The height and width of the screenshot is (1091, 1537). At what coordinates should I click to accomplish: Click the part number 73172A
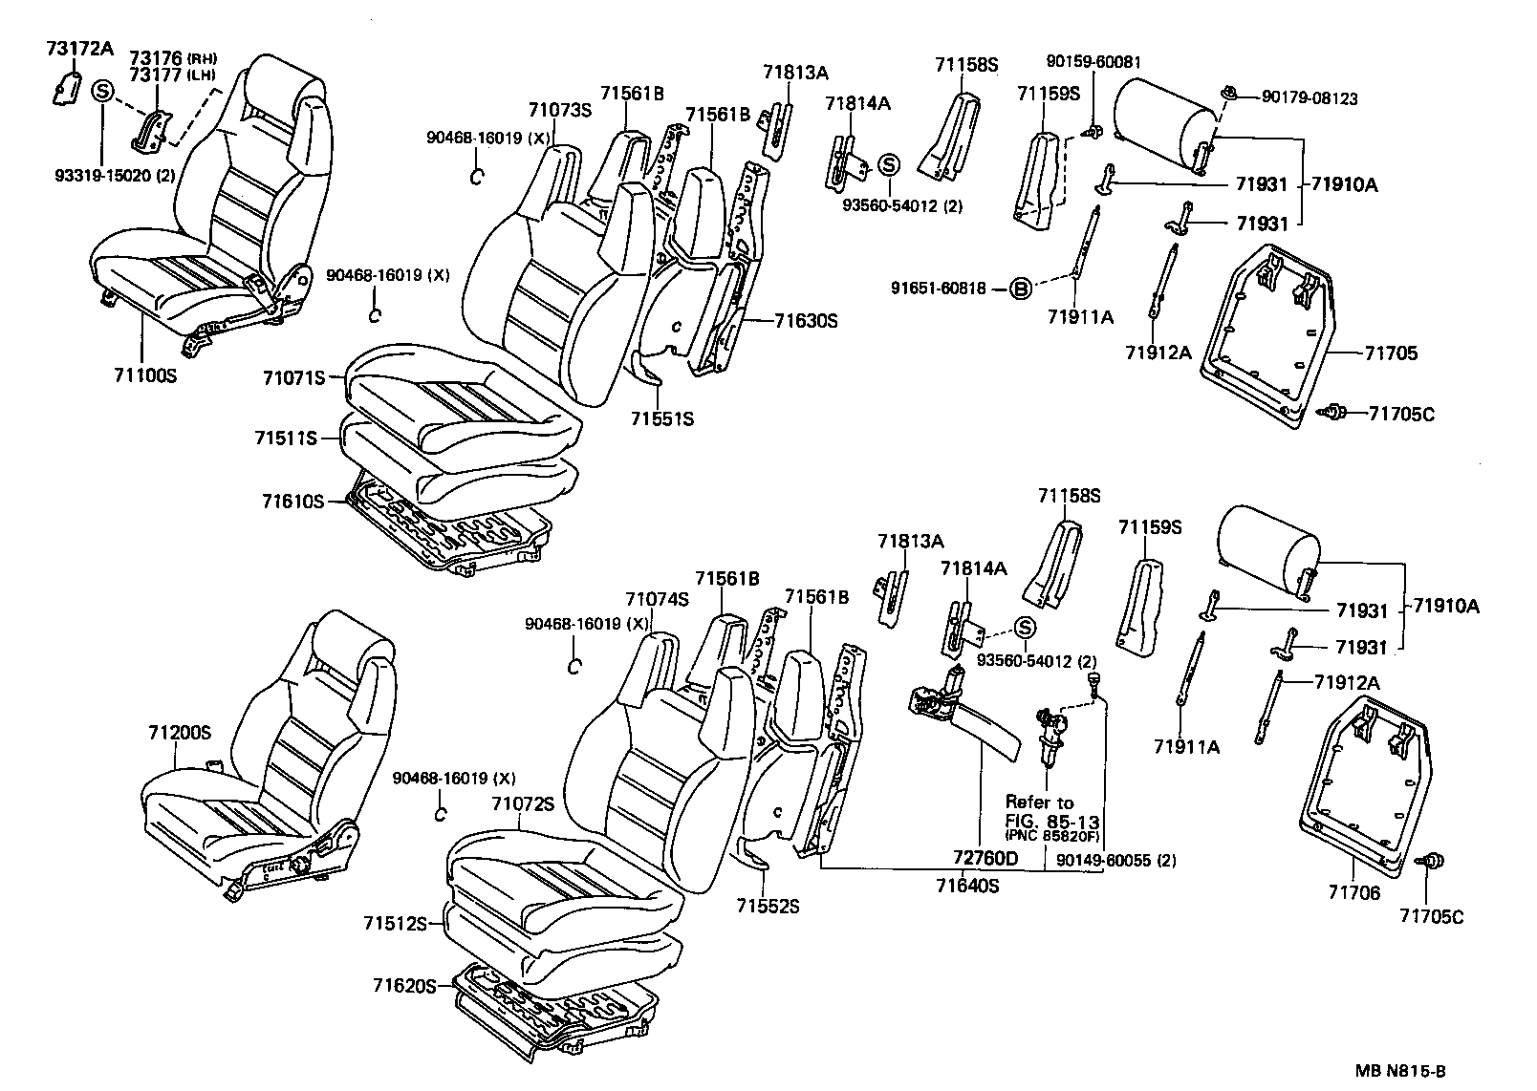click(x=79, y=49)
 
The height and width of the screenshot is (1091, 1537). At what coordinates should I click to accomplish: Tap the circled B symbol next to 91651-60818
click(x=1021, y=289)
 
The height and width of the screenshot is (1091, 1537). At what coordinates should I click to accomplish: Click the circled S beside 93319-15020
click(x=102, y=93)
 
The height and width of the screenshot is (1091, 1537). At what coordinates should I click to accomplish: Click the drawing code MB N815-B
click(x=1398, y=1072)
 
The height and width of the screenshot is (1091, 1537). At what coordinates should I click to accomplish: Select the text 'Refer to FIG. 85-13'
click(x=1051, y=812)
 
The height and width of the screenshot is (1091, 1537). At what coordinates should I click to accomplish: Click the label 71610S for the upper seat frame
click(x=293, y=501)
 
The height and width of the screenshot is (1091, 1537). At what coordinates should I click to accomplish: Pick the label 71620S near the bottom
click(x=404, y=985)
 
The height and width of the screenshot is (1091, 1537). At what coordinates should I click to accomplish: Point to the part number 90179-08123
click(x=1309, y=97)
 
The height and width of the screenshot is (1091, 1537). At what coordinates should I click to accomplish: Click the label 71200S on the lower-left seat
click(x=179, y=733)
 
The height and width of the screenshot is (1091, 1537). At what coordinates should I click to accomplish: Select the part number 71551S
click(x=662, y=418)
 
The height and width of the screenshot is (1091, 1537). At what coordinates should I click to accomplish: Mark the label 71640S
click(x=967, y=886)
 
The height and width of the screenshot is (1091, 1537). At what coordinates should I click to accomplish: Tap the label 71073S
click(x=560, y=110)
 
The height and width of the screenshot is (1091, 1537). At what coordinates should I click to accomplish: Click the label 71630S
click(x=806, y=321)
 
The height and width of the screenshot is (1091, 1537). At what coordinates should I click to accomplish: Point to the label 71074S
click(x=658, y=599)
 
